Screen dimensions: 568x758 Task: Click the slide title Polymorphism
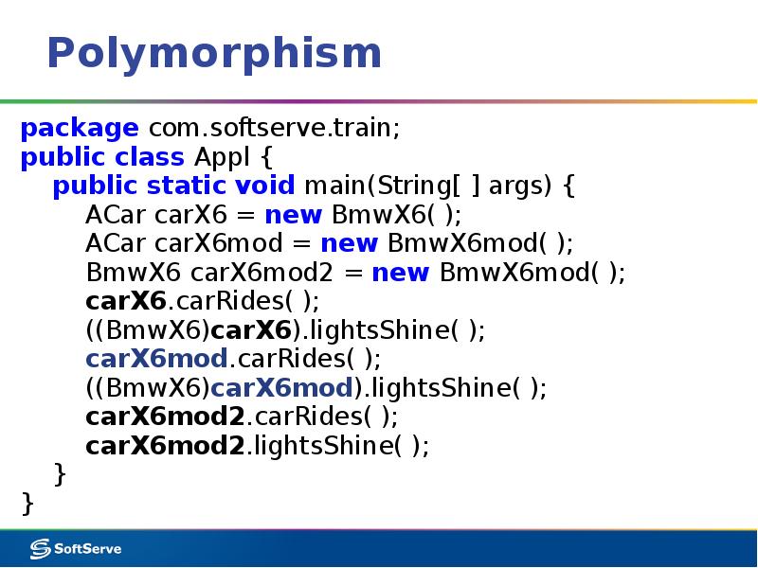coord(214,54)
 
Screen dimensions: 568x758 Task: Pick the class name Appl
coord(221,157)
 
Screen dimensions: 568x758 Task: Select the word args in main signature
coord(516,186)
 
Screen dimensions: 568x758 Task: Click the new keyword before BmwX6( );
coord(294,215)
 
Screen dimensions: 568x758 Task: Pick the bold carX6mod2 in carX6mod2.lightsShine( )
coord(165,447)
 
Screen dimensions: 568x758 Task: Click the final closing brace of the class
coord(27,503)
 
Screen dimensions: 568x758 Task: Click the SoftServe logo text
coord(88,548)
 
